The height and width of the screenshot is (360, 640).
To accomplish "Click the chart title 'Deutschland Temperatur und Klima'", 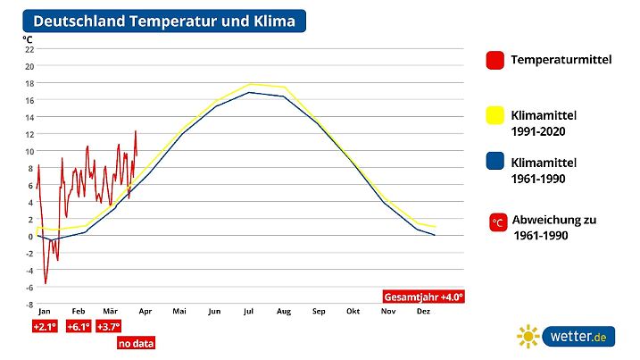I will coord(163,21).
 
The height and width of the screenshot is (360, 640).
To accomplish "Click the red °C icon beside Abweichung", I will coord(498,221).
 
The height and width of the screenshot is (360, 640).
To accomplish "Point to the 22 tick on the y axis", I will coord(29,49).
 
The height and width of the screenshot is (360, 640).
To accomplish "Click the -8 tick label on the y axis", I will coord(29,305).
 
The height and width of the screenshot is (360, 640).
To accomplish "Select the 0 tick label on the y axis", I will coord(31,237).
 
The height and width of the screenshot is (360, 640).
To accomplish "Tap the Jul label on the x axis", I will coord(249,312).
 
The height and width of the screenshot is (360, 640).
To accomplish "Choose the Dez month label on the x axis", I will coord(423,312).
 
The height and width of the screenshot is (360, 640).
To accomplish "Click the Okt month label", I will coord(353,312).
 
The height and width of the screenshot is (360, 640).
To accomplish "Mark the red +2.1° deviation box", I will coord(45,328).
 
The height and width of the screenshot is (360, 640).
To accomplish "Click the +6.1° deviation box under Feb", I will coord(79,328).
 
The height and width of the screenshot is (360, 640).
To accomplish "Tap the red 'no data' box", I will coord(135,342).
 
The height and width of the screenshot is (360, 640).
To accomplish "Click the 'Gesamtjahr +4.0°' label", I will coord(424,297).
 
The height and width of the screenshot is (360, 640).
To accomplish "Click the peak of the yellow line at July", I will coord(251,84).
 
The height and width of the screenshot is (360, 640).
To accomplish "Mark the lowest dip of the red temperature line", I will coord(46,284).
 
